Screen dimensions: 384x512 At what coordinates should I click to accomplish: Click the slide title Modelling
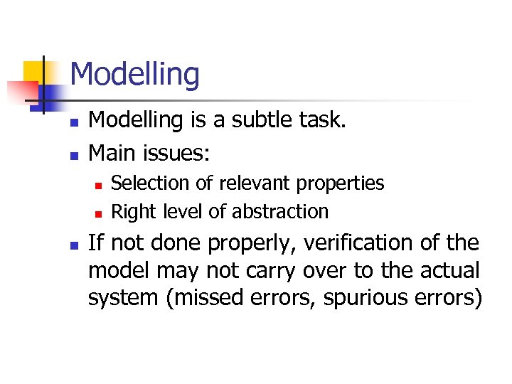[135, 75]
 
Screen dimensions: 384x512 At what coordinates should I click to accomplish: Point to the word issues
[184, 152]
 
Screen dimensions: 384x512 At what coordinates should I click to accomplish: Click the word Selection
[151, 183]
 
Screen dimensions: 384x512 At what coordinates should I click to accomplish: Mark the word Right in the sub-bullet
[132, 212]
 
